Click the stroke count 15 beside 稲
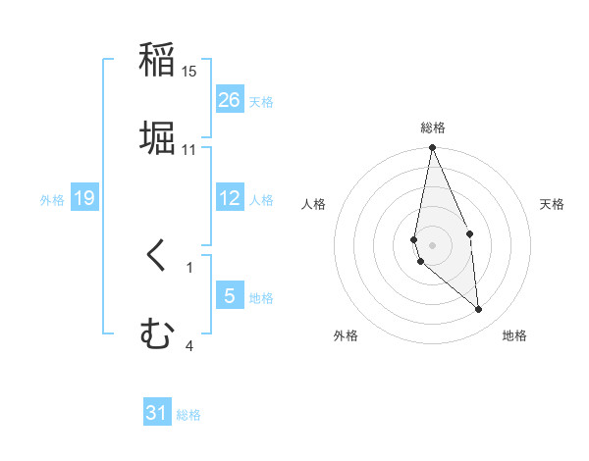[189, 72]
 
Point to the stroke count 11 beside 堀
[189, 150]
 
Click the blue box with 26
[230, 100]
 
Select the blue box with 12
[230, 198]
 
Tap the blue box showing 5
[230, 296]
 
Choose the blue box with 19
[84, 198]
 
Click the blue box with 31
[157, 413]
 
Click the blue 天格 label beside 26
[261, 101]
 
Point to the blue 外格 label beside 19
[52, 199]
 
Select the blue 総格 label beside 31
[188, 415]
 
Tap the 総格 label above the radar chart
[433, 128]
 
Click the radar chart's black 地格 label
[514, 335]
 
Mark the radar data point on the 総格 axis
[433, 148]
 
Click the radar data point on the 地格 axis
[479, 310]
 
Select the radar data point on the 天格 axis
[470, 233]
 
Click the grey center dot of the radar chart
[433, 245]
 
